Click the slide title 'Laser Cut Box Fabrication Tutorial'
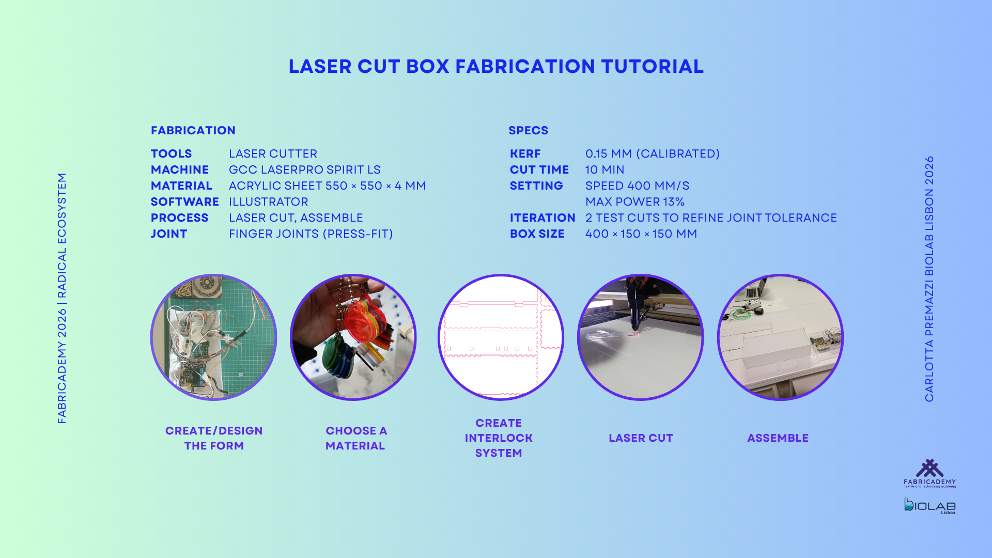(496, 67)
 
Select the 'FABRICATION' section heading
(193, 131)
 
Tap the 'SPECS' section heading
(528, 131)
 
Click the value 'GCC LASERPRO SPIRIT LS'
(305, 170)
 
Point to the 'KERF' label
(525, 154)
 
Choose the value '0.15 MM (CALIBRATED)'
(653, 154)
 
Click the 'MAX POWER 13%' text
(635, 202)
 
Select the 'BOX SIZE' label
(537, 234)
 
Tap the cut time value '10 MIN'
(605, 170)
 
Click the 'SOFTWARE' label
(185, 202)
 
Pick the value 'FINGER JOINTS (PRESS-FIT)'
(311, 234)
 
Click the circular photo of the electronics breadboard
(214, 337)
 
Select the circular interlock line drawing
(501, 337)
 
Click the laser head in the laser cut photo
(636, 305)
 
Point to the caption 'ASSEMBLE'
(778, 438)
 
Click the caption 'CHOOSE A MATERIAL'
(355, 438)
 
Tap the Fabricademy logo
(929, 473)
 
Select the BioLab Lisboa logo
(929, 505)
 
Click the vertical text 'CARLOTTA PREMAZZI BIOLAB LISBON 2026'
(929, 279)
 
